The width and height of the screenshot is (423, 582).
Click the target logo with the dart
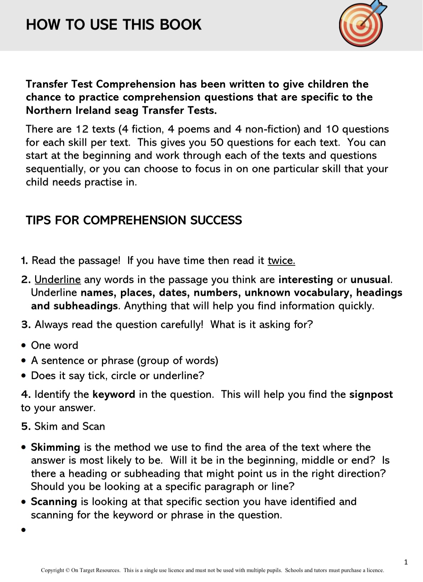(x=361, y=24)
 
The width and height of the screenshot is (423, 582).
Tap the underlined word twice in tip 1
(x=281, y=261)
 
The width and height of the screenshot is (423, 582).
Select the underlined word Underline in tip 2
(x=57, y=280)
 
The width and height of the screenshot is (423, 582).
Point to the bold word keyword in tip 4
(x=114, y=395)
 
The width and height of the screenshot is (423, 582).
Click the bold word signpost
(x=371, y=395)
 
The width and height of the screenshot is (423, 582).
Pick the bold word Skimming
(x=55, y=447)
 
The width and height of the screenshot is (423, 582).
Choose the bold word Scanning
(x=54, y=502)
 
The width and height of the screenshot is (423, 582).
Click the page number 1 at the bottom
(x=406, y=562)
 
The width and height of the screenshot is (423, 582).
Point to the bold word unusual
(x=370, y=280)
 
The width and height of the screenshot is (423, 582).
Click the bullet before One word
(x=24, y=346)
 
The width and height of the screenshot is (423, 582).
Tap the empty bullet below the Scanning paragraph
(x=24, y=530)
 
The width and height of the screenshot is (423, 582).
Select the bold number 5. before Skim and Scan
(x=26, y=427)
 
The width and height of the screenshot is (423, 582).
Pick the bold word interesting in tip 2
(x=306, y=280)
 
